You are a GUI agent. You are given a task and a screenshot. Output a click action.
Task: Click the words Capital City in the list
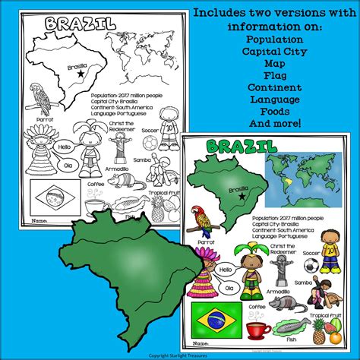tap(279, 58)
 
